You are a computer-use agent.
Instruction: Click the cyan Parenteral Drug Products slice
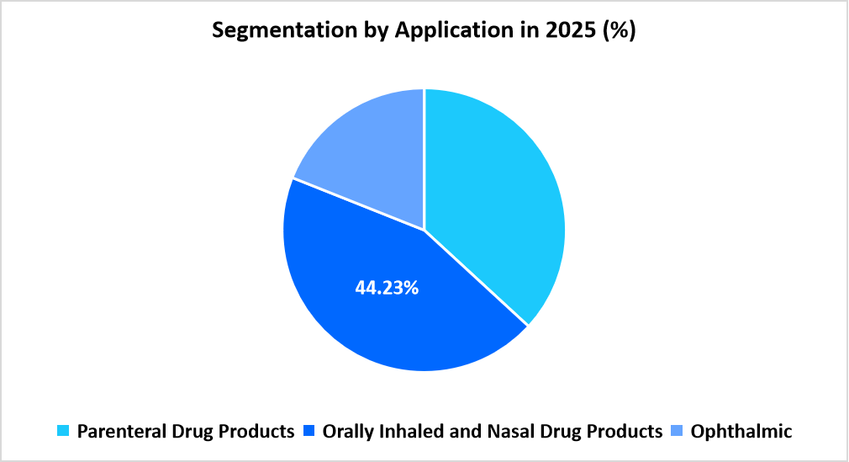tap(496, 194)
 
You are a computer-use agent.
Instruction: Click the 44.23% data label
tap(387, 288)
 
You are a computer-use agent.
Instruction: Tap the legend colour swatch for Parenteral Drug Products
tap(64, 433)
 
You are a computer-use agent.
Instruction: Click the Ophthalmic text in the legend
tap(741, 432)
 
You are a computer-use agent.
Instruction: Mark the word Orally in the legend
tap(349, 432)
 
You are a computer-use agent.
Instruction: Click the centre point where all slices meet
tap(424, 229)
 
